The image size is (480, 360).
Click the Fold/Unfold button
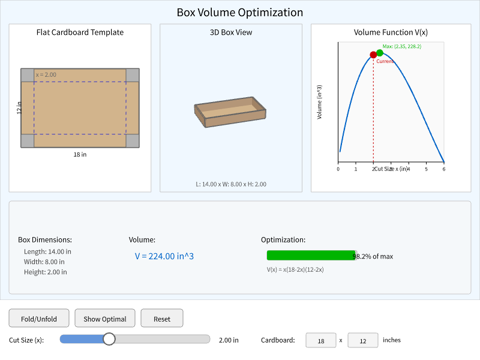(x=39, y=319)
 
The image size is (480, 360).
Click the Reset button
(x=162, y=319)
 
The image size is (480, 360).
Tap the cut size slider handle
(x=109, y=340)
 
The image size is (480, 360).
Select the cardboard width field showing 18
(x=321, y=340)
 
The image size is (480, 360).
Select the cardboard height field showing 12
(x=362, y=340)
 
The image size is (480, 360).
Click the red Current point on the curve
(x=373, y=55)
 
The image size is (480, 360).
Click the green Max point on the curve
(x=380, y=53)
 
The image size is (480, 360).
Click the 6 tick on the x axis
(x=443, y=169)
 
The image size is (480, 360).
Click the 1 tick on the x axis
(x=356, y=169)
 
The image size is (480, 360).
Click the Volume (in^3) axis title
(x=320, y=101)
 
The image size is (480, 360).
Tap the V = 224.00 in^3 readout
(x=164, y=256)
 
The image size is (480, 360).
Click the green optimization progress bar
(x=311, y=256)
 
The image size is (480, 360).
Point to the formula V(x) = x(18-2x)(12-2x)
(x=295, y=269)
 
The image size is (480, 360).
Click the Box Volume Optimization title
(x=240, y=12)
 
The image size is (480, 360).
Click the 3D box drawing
(x=230, y=112)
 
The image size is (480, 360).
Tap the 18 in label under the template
(x=80, y=154)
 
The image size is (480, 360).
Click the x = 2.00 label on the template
(x=46, y=74)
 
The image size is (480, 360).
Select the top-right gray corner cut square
(x=133, y=75)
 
